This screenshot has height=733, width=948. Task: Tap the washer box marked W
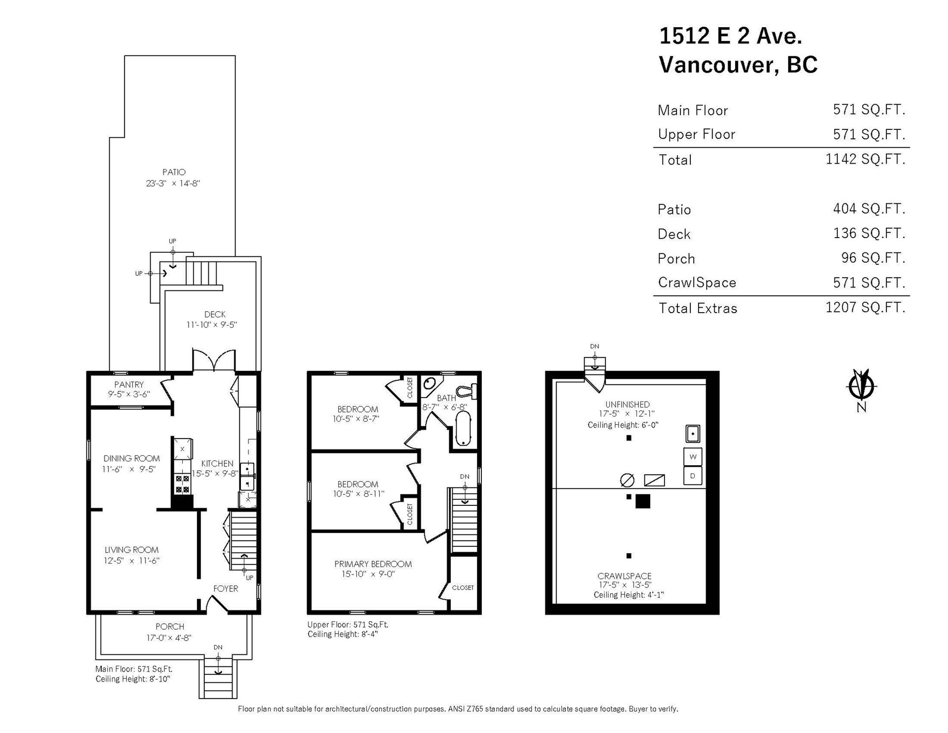coord(693,457)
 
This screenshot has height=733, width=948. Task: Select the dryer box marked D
coord(693,476)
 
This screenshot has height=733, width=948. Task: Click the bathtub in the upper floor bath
coord(463,429)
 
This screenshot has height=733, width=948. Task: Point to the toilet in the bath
coord(466,391)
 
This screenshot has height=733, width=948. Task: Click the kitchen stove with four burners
coord(182,484)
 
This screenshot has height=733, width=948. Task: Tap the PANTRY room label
coord(129,384)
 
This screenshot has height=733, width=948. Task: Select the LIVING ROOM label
coord(131,550)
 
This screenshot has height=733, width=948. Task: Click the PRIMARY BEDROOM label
coord(373,564)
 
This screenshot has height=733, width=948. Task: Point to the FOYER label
coord(226,588)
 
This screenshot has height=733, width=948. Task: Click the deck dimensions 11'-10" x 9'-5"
coord(212,325)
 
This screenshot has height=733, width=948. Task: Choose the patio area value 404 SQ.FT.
coord(869,209)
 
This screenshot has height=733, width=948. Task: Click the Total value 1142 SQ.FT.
coord(866,159)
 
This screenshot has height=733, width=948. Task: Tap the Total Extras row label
coord(698,308)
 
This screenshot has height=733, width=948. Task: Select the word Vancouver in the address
coord(719,65)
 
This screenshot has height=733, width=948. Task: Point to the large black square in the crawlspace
coord(642,501)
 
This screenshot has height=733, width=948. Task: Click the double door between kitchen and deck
coord(213,360)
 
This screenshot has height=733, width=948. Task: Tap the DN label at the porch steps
coord(218,647)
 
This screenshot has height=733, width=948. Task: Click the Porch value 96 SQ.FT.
coord(873,258)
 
